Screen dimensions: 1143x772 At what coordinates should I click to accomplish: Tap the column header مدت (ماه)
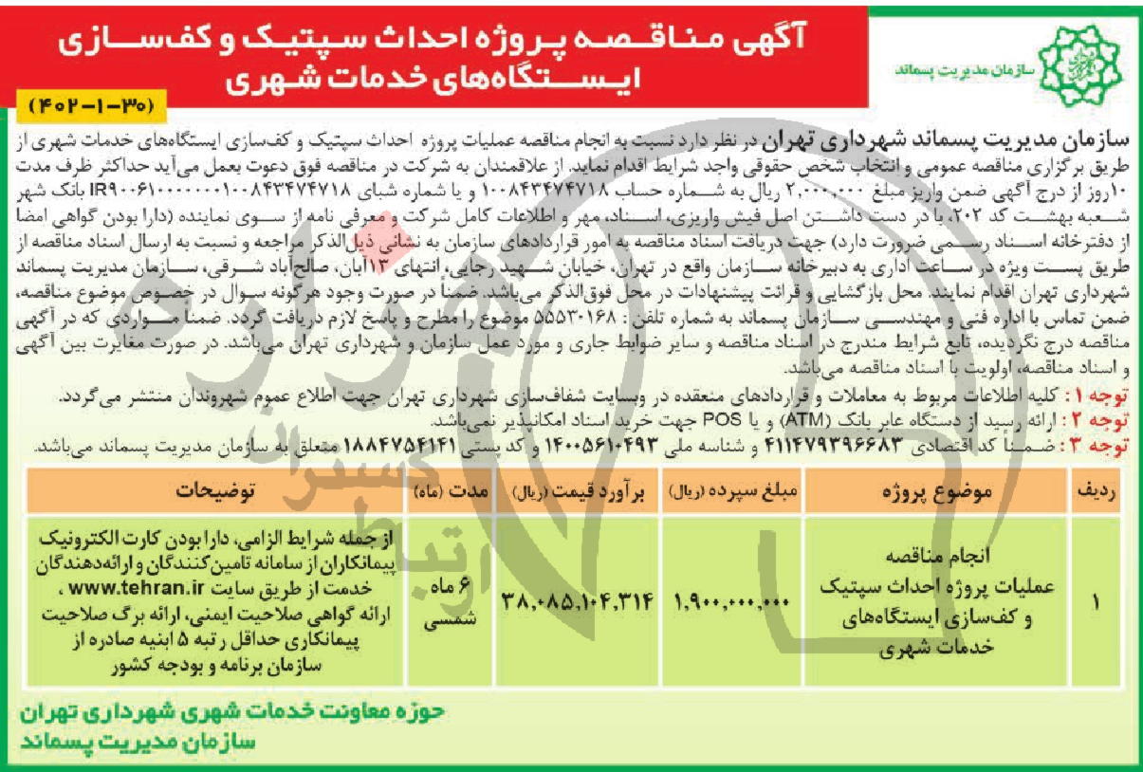[451, 491]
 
